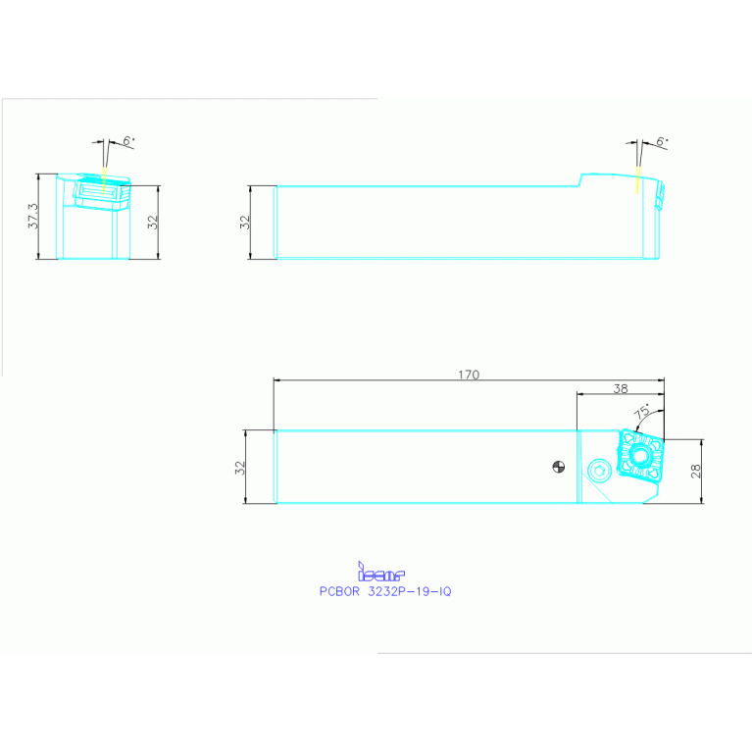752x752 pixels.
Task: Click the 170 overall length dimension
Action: pyautogui.click(x=469, y=374)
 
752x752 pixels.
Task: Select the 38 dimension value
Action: pyautogui.click(x=620, y=388)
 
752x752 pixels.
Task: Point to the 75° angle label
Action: pyautogui.click(x=643, y=413)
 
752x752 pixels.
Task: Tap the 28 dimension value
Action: pyautogui.click(x=695, y=472)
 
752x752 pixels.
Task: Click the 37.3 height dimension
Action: pyautogui.click(x=33, y=217)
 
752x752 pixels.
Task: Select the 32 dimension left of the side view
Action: pyautogui.click(x=246, y=223)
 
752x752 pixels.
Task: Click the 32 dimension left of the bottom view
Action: pyautogui.click(x=240, y=468)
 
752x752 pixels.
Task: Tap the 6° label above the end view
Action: pyautogui.click(x=128, y=141)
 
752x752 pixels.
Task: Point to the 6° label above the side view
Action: pyautogui.click(x=662, y=142)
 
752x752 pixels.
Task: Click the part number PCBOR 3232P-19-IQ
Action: pyautogui.click(x=385, y=591)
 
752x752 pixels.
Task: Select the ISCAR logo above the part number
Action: pyautogui.click(x=381, y=572)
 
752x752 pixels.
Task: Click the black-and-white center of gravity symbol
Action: pyautogui.click(x=558, y=467)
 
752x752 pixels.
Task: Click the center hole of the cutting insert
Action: pyautogui.click(x=641, y=456)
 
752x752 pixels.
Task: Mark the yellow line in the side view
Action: pyautogui.click(x=638, y=179)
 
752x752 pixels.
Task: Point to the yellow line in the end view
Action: pyautogui.click(x=104, y=178)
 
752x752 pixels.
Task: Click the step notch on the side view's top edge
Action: pyautogui.click(x=580, y=178)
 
